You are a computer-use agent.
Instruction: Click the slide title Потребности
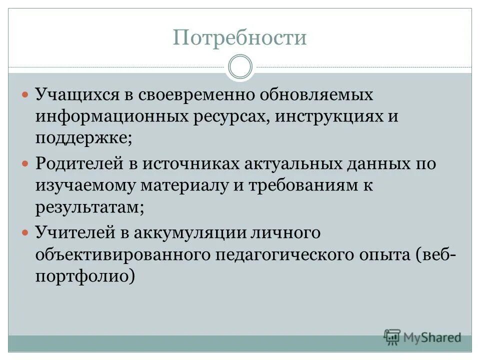[239, 38]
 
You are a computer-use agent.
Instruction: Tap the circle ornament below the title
[240, 67]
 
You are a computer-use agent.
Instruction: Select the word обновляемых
[310, 95]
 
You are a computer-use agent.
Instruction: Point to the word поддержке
[81, 138]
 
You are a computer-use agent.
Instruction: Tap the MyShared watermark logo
[422, 337]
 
